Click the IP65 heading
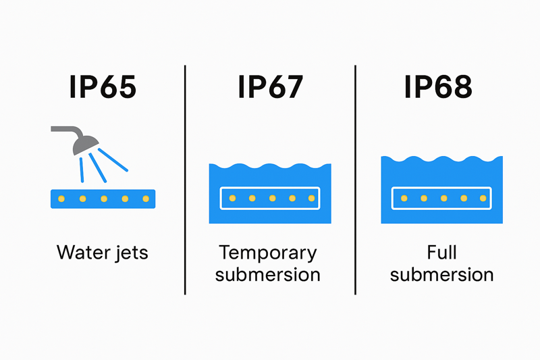point(103,88)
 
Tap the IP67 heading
point(270,88)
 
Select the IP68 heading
point(437,88)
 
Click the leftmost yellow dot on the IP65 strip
point(61,199)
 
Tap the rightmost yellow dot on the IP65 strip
point(144,199)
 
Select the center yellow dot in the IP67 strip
point(272,199)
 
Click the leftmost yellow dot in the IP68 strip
point(403,199)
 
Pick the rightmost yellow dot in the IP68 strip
point(483,199)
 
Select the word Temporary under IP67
point(268,253)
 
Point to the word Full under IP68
point(442,253)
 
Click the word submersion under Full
point(442,275)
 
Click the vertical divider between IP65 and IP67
point(185,180)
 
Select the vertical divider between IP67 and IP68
point(355,180)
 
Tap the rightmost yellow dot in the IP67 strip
point(311,199)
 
